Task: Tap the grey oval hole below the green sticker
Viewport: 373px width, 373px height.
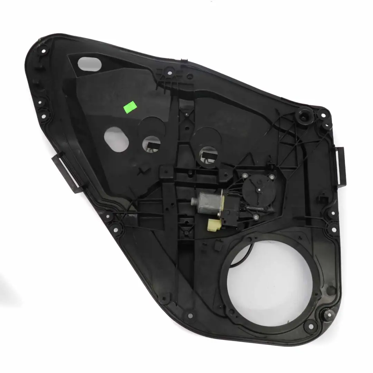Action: (x=116, y=139)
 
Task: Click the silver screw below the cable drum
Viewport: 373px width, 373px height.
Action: (x=256, y=217)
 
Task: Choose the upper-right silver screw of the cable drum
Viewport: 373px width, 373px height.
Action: (x=272, y=177)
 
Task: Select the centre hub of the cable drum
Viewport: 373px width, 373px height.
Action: (x=257, y=189)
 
